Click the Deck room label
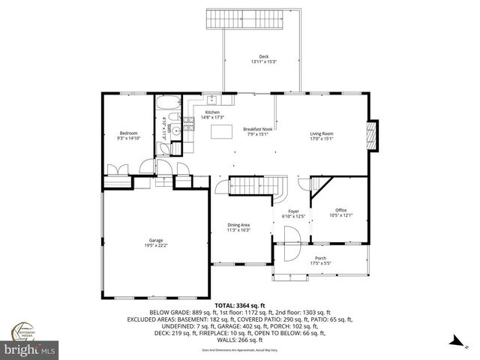[x=263, y=58]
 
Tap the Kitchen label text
[x=212, y=115]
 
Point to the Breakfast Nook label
[x=256, y=132]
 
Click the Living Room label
[x=322, y=136]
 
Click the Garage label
[x=155, y=242]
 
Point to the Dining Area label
[x=238, y=227]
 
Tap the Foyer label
[x=293, y=214]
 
